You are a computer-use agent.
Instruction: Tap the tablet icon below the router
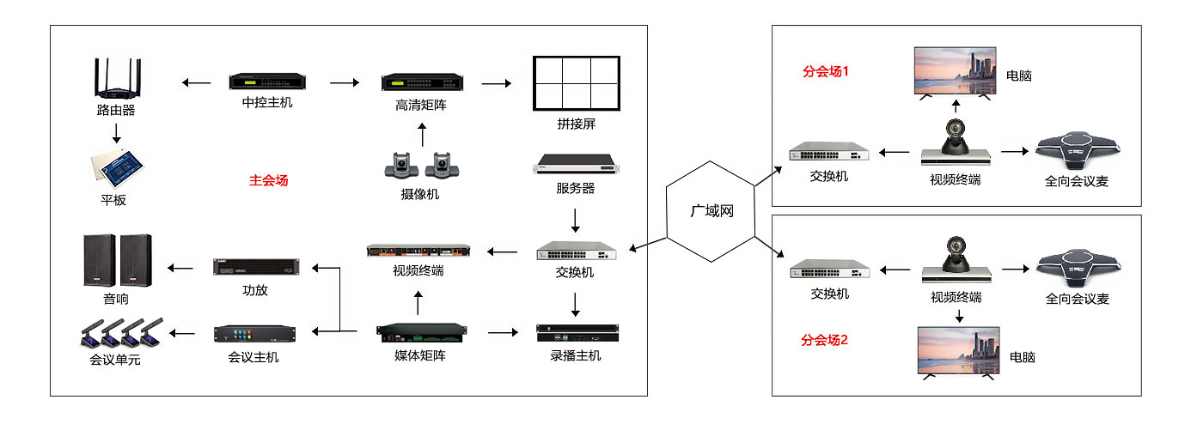116,169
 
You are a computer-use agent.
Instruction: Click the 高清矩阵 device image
422,83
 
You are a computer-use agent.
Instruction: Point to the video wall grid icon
576,82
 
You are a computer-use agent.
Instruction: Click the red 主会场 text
268,180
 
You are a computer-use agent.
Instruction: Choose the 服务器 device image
575,163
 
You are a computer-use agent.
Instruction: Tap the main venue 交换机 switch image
576,251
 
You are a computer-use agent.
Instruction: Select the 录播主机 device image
576,331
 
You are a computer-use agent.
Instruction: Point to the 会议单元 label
115,360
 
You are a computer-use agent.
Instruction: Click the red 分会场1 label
825,71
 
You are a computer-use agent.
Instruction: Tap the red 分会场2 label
824,339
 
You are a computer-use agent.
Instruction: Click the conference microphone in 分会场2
1077,269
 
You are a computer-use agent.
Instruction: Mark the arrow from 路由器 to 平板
116,133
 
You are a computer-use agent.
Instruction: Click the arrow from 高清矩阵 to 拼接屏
496,83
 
